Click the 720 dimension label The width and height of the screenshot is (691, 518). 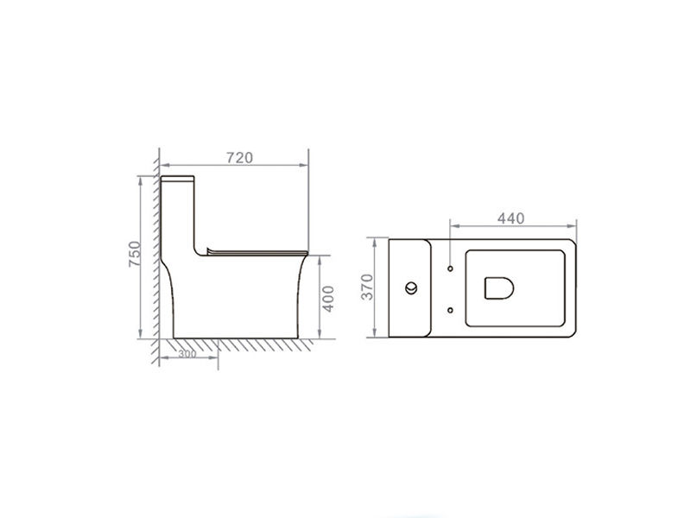coord(238,157)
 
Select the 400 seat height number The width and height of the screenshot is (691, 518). coord(327,298)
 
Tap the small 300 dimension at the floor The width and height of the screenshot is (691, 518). coord(186,354)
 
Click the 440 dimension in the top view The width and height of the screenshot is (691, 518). coord(510,218)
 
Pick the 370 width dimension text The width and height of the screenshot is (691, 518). coord(366,287)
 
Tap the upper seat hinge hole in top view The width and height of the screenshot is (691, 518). coord(451,266)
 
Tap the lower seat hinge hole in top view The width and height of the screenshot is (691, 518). coord(451,307)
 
